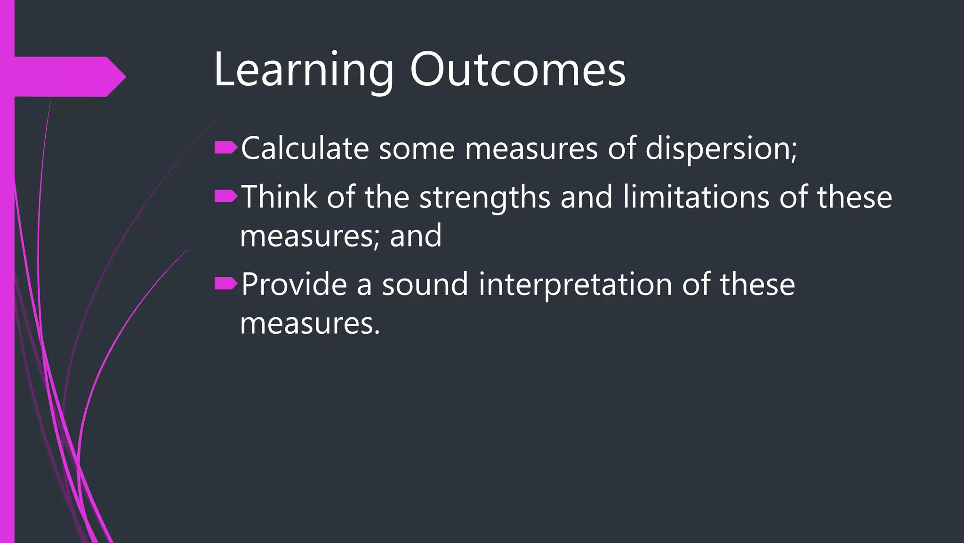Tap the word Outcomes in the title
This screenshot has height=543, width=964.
click(518, 70)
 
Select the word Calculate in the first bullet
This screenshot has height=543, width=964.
click(305, 148)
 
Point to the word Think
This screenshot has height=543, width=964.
click(279, 197)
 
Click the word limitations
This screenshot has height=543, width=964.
click(696, 197)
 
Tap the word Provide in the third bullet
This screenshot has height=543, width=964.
click(294, 284)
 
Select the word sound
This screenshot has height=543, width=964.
click(425, 284)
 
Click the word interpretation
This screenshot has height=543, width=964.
click(575, 285)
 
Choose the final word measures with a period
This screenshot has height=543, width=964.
click(310, 324)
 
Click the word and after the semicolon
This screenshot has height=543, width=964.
click(416, 236)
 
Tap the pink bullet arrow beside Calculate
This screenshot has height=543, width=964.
click(225, 148)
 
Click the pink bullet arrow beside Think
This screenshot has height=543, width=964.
click(225, 197)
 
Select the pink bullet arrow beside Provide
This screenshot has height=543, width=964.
click(225, 284)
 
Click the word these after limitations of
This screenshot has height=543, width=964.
click(854, 197)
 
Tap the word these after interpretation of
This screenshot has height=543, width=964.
click(757, 284)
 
